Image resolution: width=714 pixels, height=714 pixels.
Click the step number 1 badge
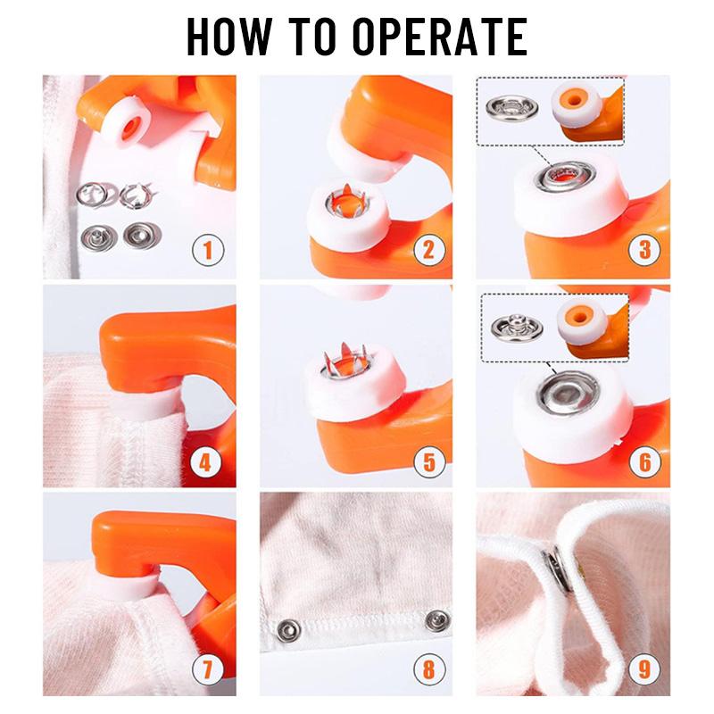pos(208,249)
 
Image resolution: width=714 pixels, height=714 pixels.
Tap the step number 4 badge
pos(208,462)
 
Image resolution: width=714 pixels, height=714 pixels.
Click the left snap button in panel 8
pos(290,626)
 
